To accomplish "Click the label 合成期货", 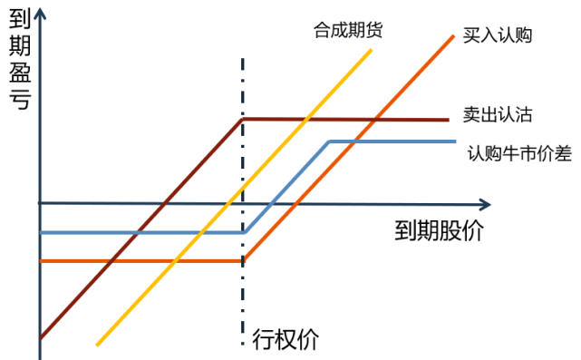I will (348, 30).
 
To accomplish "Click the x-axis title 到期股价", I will (439, 230).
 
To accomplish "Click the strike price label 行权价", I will (286, 339).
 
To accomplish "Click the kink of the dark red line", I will (242, 119).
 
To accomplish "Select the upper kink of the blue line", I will (329, 141).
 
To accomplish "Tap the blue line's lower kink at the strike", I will (244, 232).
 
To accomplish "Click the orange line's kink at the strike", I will (244, 260).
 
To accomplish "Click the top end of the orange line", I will (452, 34).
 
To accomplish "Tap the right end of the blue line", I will (454, 141).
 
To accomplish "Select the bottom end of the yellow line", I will (96, 345).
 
